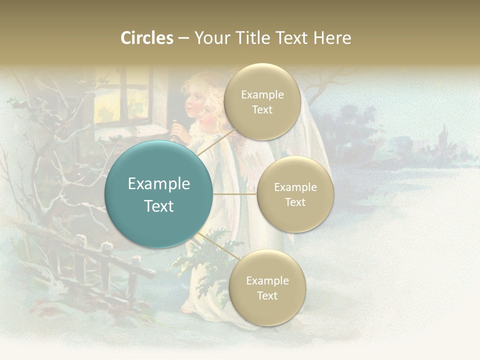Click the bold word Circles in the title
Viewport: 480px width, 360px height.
coord(147,38)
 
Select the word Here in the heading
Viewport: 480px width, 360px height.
coord(332,38)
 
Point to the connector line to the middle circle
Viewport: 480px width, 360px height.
coord(234,194)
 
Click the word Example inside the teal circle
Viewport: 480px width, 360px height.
coord(158,184)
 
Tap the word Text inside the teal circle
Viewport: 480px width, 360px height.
coord(158,206)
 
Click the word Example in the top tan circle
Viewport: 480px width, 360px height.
coord(262,95)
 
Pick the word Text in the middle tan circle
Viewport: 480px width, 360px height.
coord(295,202)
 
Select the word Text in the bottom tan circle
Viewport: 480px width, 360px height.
coord(267,295)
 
